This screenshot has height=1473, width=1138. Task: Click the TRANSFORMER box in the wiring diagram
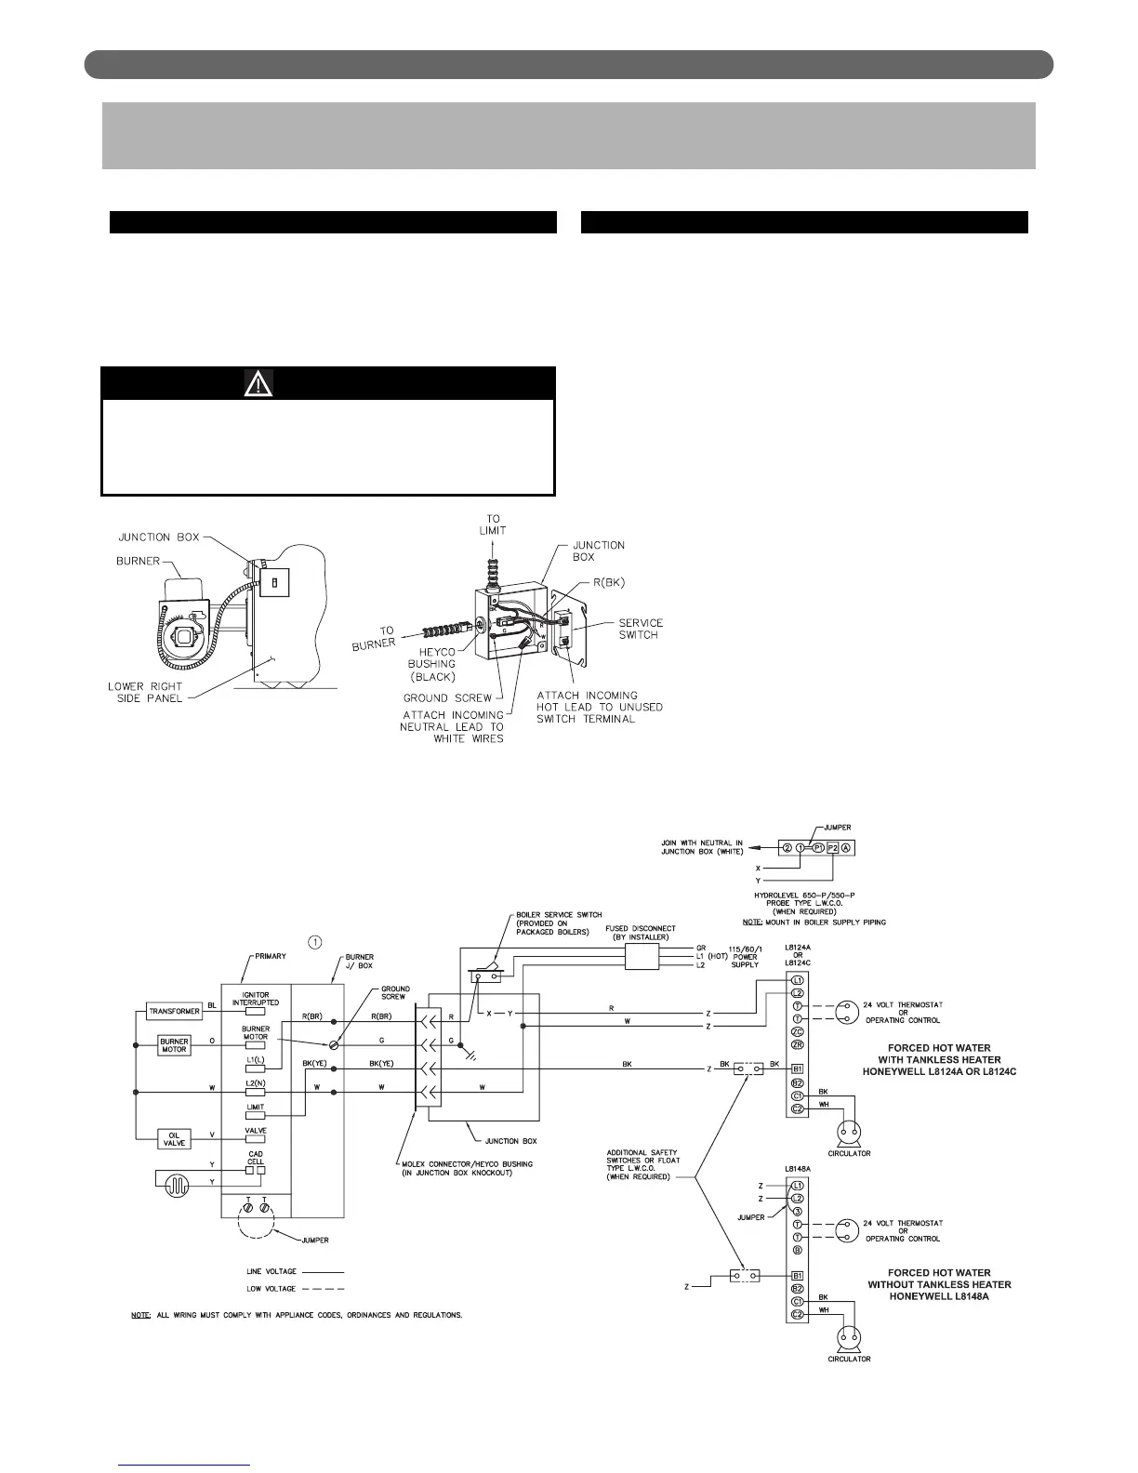(x=175, y=1012)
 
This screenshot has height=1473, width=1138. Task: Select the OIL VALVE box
(x=175, y=1139)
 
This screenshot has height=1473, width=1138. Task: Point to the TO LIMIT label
(x=493, y=524)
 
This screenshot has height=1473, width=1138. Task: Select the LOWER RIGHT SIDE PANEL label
(x=146, y=693)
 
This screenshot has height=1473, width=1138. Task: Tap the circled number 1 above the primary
(x=315, y=942)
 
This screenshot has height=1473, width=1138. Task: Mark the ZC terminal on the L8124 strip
(x=797, y=1032)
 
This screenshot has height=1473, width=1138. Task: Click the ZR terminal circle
(x=797, y=1045)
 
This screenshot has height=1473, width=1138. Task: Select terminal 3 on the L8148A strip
(x=797, y=1212)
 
